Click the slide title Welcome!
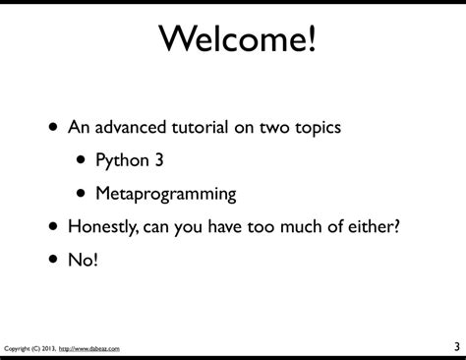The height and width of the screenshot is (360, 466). click(233, 42)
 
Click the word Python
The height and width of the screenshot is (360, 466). click(121, 160)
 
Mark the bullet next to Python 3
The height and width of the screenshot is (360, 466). click(80, 160)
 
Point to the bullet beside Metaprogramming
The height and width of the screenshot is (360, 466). click(80, 193)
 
